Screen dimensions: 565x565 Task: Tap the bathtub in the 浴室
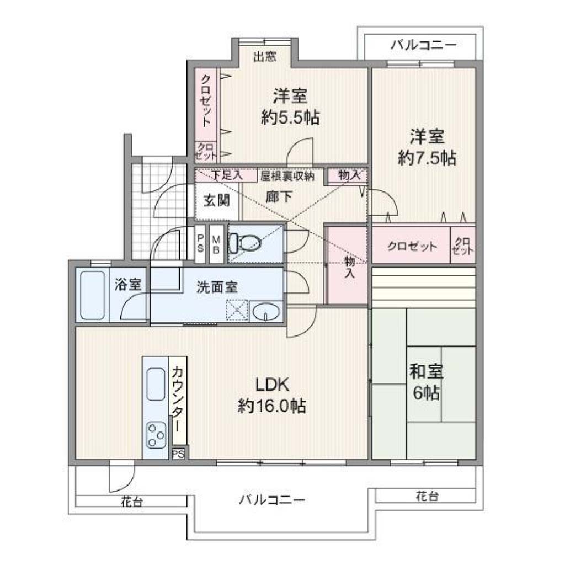click(92, 296)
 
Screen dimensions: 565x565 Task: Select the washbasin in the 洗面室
click(266, 312)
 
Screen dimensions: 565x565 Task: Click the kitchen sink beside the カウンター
click(156, 384)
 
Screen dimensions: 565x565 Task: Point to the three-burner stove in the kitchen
click(156, 435)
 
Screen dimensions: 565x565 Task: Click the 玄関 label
click(216, 200)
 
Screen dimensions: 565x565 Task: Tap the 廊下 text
click(279, 197)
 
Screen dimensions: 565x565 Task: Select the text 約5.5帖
click(290, 117)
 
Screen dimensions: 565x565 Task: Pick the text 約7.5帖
click(427, 157)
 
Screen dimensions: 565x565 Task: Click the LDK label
click(272, 385)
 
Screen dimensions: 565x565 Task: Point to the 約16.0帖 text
click(272, 406)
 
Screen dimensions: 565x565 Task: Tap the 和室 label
click(426, 371)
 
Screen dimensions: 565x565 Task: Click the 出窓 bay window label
click(265, 57)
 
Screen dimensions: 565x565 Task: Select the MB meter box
click(216, 244)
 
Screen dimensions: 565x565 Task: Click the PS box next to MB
click(200, 244)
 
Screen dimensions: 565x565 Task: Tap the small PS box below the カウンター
click(179, 454)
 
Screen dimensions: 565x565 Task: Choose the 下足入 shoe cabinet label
click(226, 175)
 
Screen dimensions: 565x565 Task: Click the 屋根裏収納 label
click(287, 176)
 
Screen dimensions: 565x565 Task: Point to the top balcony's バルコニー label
click(423, 45)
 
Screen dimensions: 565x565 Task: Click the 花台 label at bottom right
click(427, 496)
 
